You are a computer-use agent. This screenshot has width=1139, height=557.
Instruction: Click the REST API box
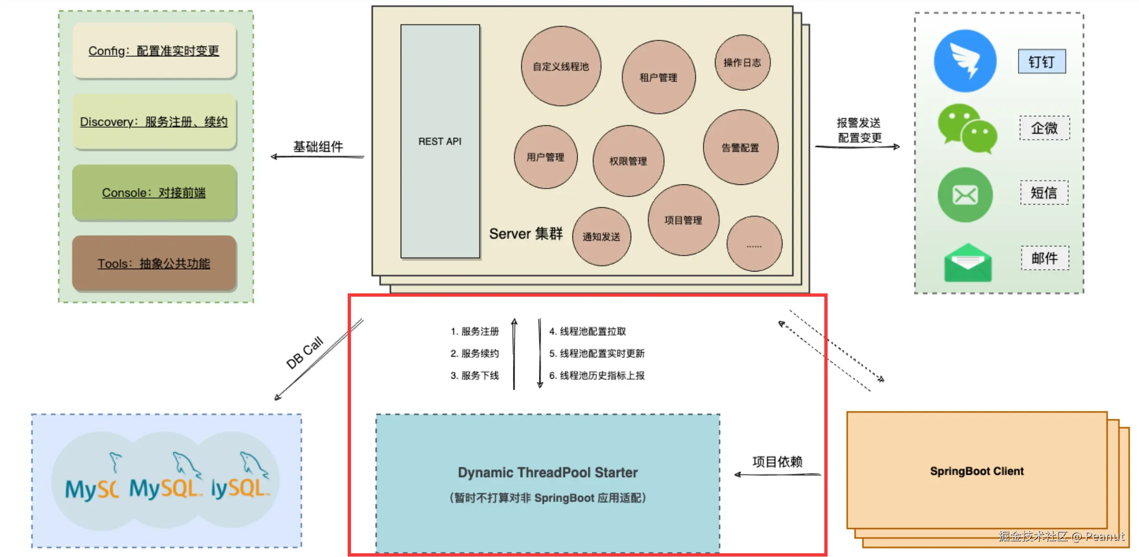[440, 141]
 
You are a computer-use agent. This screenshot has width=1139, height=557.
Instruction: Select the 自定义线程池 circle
[561, 66]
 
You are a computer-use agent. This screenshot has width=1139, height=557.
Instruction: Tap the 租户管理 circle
[658, 77]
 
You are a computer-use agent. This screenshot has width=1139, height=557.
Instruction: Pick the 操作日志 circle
[742, 62]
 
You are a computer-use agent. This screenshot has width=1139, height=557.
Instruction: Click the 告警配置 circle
[740, 148]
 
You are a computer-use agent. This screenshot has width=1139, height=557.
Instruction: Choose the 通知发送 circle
[601, 237]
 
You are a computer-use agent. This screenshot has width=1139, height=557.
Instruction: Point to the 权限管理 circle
[628, 161]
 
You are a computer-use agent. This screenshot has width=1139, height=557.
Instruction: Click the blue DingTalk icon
[965, 61]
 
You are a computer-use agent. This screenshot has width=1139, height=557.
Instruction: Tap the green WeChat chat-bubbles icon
[967, 128]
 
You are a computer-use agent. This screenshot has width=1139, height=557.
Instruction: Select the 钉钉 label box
[1042, 61]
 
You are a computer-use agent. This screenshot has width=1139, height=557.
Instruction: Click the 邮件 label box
[1045, 258]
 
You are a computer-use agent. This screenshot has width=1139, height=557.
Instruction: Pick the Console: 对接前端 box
[154, 192]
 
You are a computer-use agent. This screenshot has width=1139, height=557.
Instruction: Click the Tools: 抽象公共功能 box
[154, 263]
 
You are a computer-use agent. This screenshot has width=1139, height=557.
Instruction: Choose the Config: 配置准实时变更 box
[154, 51]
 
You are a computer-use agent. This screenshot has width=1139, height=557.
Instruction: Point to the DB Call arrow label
[304, 353]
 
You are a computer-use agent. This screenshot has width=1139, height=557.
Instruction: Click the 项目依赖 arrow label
[777, 462]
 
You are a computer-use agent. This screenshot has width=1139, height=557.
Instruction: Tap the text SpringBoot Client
[977, 471]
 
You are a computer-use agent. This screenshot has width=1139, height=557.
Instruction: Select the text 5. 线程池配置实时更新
[597, 353]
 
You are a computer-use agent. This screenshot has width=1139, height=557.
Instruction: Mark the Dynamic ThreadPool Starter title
[547, 472]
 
